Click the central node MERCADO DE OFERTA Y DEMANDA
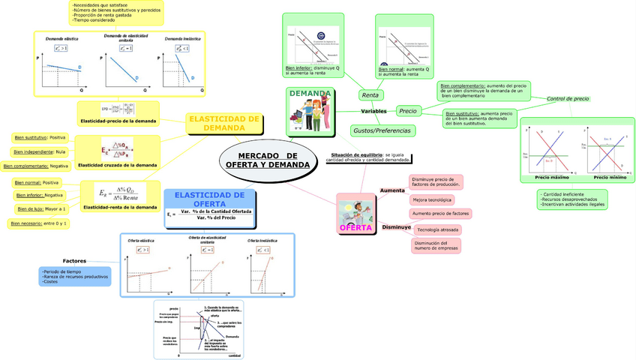(267, 160)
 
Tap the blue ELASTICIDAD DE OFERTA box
(209, 199)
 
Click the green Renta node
(370, 95)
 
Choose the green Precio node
(408, 111)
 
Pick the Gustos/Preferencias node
(381, 130)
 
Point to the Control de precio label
(568, 99)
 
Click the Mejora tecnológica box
(431, 200)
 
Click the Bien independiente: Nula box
(40, 151)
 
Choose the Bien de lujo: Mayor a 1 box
(40, 208)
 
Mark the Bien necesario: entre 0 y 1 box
(39, 223)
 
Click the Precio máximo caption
(551, 178)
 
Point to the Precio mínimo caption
(609, 178)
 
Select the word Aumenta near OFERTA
(392, 190)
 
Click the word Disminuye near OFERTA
(396, 226)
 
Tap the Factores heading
(74, 260)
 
